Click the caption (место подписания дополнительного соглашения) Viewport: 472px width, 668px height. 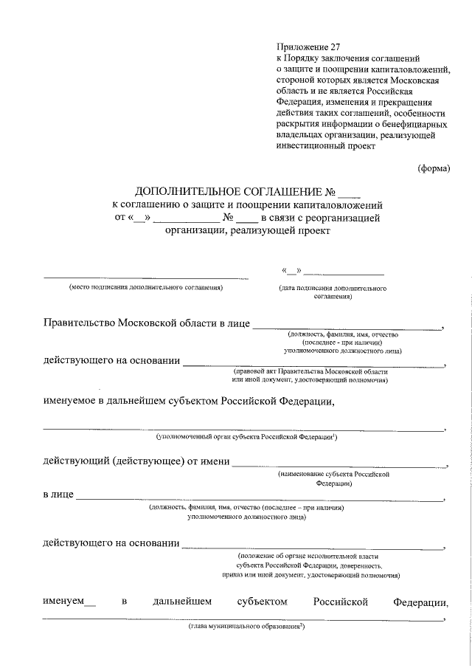point(146,288)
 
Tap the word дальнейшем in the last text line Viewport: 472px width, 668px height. point(182,602)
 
